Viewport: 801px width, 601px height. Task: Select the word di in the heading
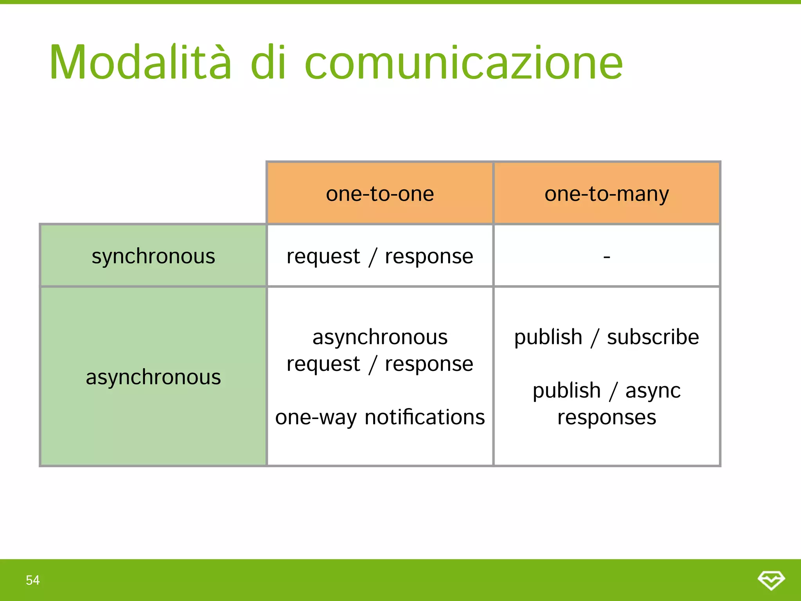click(x=268, y=63)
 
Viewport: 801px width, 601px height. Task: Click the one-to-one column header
click(x=380, y=194)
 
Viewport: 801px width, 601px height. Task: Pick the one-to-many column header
click(x=607, y=194)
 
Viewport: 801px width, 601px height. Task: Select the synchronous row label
click(x=153, y=256)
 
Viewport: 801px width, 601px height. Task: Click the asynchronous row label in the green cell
click(x=153, y=377)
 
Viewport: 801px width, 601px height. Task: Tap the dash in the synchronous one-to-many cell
click(x=607, y=257)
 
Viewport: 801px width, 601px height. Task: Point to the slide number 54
click(x=33, y=580)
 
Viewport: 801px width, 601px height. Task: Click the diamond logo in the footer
click(x=771, y=580)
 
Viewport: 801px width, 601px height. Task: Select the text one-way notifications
click(x=380, y=417)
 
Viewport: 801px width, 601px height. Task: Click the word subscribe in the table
click(x=653, y=337)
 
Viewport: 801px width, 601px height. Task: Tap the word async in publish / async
click(x=653, y=391)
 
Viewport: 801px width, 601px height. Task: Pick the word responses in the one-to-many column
click(x=607, y=417)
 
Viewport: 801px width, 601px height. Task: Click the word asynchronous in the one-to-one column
click(x=380, y=337)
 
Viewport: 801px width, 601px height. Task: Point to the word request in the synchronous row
click(x=323, y=257)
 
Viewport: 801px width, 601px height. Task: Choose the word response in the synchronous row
click(x=429, y=257)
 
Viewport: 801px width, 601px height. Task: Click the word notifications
click(x=425, y=417)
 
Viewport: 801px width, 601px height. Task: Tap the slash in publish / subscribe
click(x=595, y=338)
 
